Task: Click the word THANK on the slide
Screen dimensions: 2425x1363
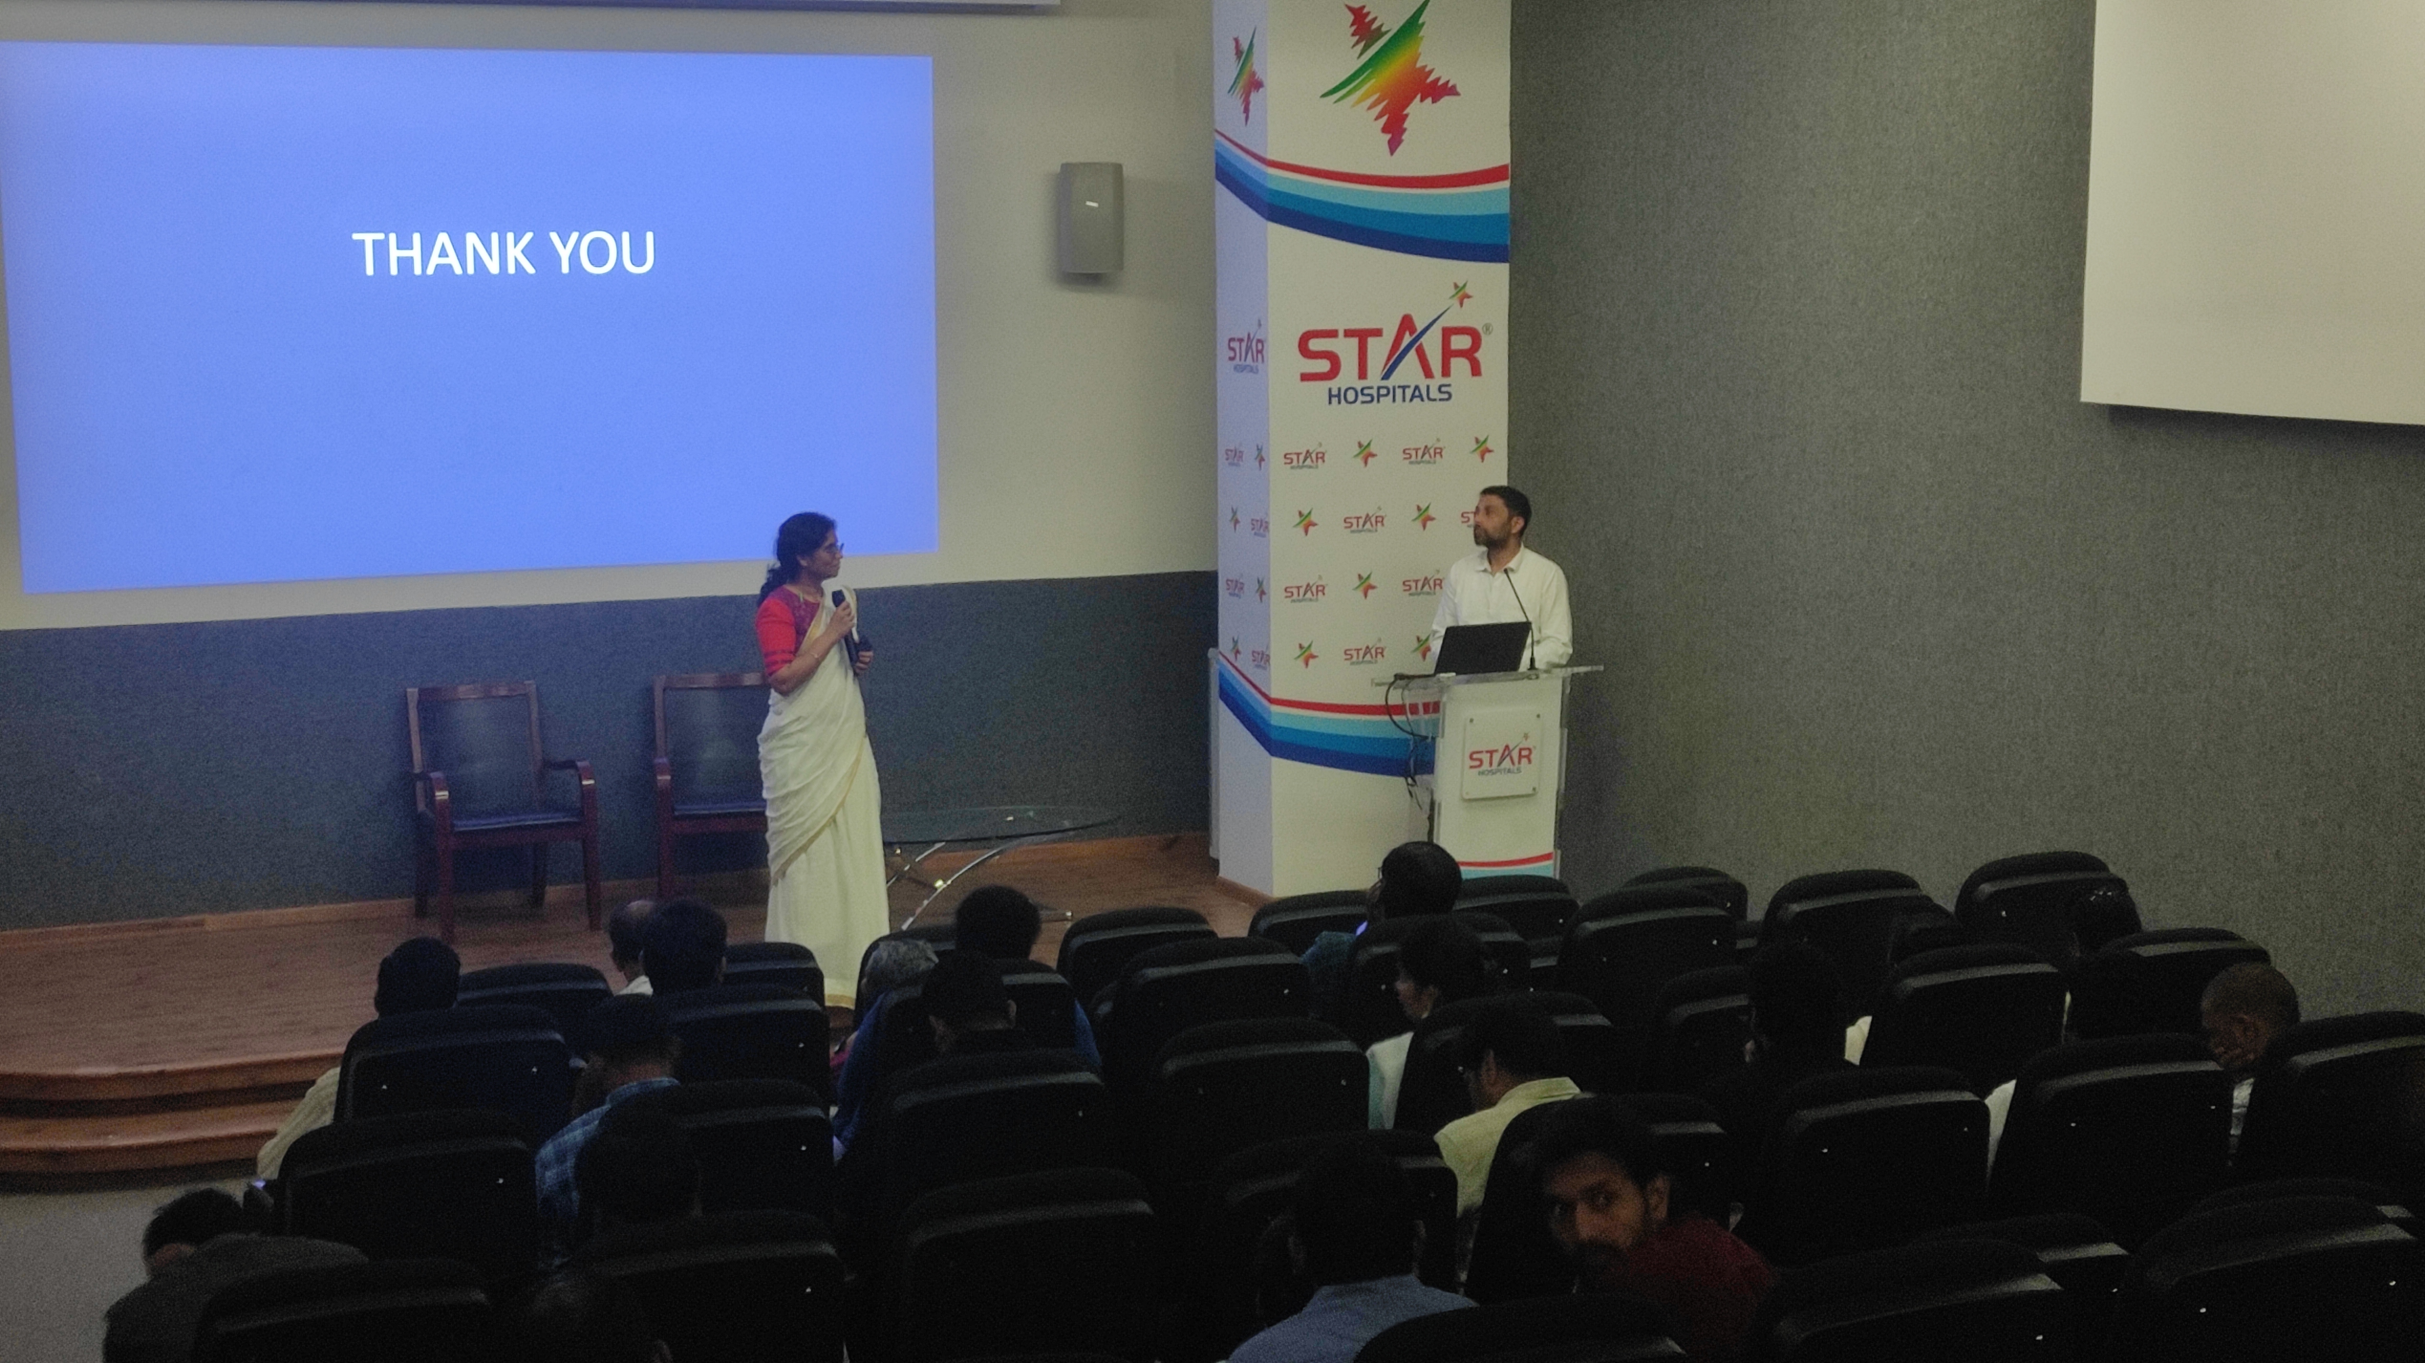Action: [x=443, y=254]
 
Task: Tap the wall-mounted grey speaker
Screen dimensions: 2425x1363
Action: [x=1090, y=219]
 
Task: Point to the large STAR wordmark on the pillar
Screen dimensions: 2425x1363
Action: [x=1389, y=352]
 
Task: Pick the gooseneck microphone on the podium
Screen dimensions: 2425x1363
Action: [x=1518, y=616]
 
